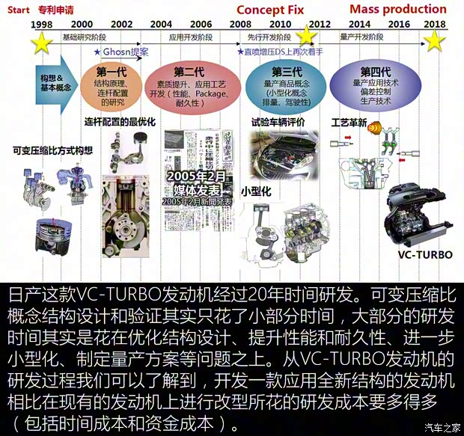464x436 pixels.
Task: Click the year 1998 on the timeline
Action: [42, 25]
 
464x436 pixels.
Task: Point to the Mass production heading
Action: [397, 10]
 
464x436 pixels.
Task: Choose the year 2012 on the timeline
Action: [319, 25]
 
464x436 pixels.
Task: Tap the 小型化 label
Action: [255, 191]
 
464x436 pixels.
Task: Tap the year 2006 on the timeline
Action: [201, 25]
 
